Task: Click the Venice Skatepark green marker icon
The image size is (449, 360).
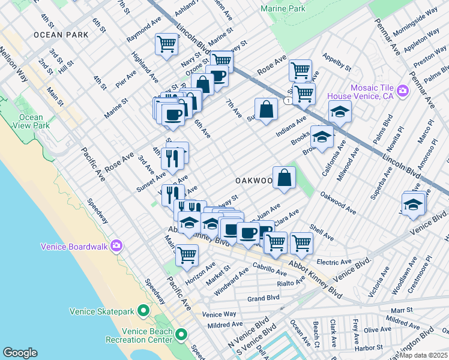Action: point(143,311)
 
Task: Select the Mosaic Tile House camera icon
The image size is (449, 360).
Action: point(402,91)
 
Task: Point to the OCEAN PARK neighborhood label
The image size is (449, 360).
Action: point(61,35)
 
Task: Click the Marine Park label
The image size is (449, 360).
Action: point(283,9)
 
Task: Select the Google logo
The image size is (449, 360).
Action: point(20,352)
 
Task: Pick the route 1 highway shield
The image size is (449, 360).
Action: point(289,101)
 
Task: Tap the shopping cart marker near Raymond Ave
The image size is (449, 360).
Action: point(166,44)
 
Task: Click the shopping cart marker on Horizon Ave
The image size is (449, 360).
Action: point(187,254)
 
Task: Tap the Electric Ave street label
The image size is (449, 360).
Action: point(334,262)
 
